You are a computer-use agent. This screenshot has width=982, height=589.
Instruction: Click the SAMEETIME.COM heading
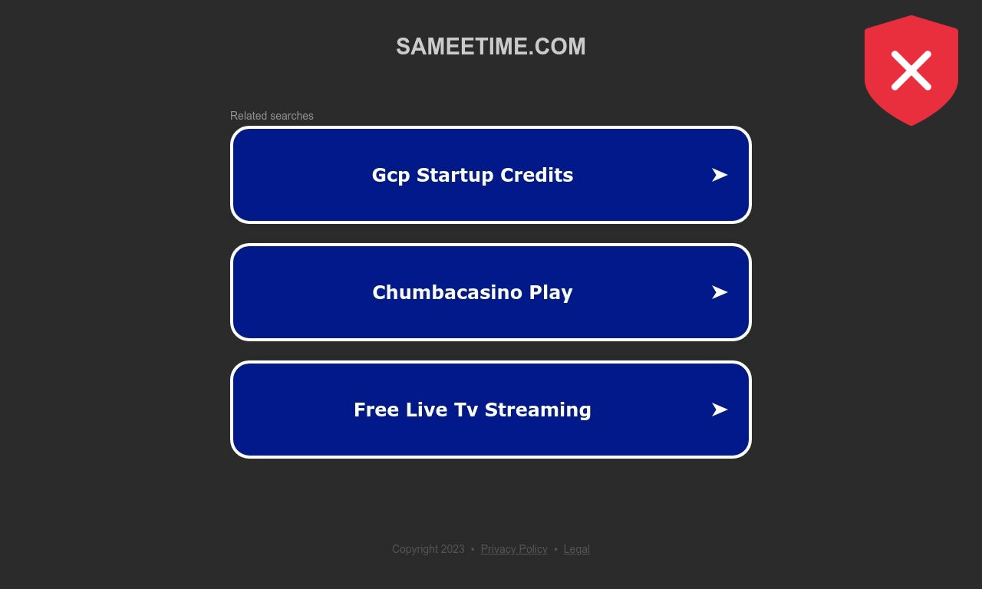pyautogui.click(x=490, y=47)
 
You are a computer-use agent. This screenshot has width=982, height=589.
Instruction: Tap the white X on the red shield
pyautogui.click(x=911, y=71)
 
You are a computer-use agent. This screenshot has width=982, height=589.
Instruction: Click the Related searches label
pyautogui.click(x=272, y=116)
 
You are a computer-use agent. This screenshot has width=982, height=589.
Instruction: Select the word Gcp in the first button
pyautogui.click(x=390, y=176)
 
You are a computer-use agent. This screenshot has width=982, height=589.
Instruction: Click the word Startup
pyautogui.click(x=455, y=175)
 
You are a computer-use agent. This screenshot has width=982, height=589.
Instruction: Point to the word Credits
pyautogui.click(x=536, y=175)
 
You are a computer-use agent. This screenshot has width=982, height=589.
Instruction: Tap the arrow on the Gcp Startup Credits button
pyautogui.click(x=720, y=175)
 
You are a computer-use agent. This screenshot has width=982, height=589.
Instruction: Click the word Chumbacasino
pyautogui.click(x=447, y=292)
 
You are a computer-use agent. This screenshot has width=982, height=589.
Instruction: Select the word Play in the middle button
pyautogui.click(x=551, y=293)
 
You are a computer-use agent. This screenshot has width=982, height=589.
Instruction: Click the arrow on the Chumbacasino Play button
pyautogui.click(x=720, y=292)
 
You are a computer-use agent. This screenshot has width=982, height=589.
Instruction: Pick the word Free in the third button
pyautogui.click(x=376, y=410)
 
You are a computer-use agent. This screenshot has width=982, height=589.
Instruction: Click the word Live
pyautogui.click(x=427, y=410)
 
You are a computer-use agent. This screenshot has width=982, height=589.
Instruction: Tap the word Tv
pyautogui.click(x=466, y=410)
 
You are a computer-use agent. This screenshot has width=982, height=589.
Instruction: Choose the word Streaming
pyautogui.click(x=538, y=410)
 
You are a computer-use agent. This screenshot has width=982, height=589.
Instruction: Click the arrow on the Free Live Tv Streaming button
pyautogui.click(x=720, y=410)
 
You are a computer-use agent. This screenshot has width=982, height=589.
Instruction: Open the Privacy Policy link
pyautogui.click(x=514, y=549)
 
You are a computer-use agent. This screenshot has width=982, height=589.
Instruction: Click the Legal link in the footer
pyautogui.click(x=576, y=549)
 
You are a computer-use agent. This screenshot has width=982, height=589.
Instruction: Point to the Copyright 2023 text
pyautogui.click(x=428, y=549)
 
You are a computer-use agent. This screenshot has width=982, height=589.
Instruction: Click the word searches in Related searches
pyautogui.click(x=292, y=116)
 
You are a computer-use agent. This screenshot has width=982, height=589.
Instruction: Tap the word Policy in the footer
pyautogui.click(x=533, y=549)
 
